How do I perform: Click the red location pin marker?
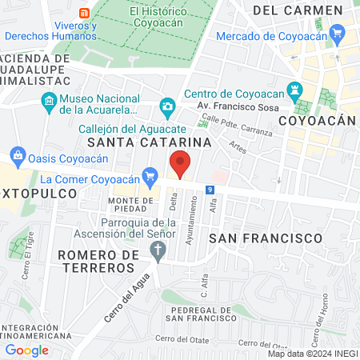[x=181, y=164]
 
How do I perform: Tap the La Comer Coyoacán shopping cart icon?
[x=149, y=174]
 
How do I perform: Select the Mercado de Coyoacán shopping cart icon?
[x=338, y=34]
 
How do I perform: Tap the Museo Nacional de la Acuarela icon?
[x=48, y=102]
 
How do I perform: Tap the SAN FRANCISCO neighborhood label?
[x=265, y=238]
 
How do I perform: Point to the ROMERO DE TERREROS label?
[x=99, y=261]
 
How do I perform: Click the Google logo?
[x=27, y=349]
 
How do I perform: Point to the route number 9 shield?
[x=209, y=190]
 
